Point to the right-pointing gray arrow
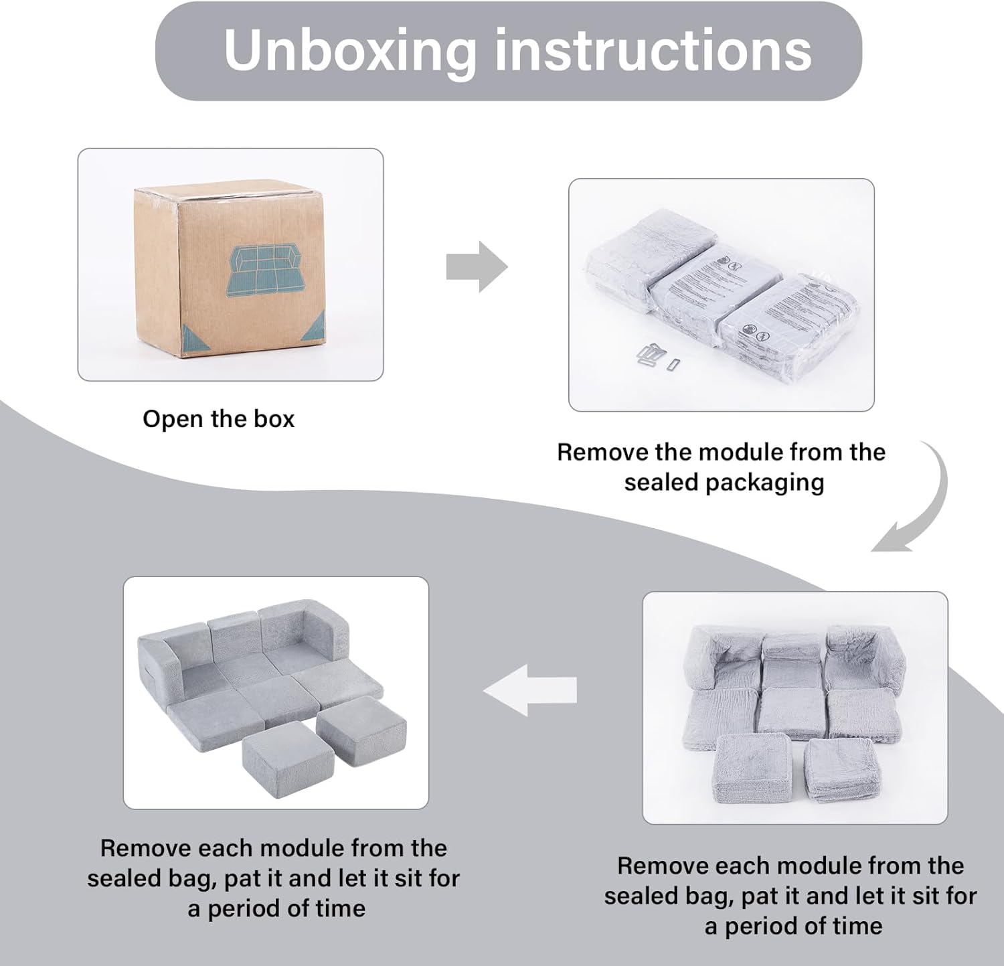[x=477, y=267]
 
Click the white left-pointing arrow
[x=530, y=690]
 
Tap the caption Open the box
[x=218, y=419]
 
